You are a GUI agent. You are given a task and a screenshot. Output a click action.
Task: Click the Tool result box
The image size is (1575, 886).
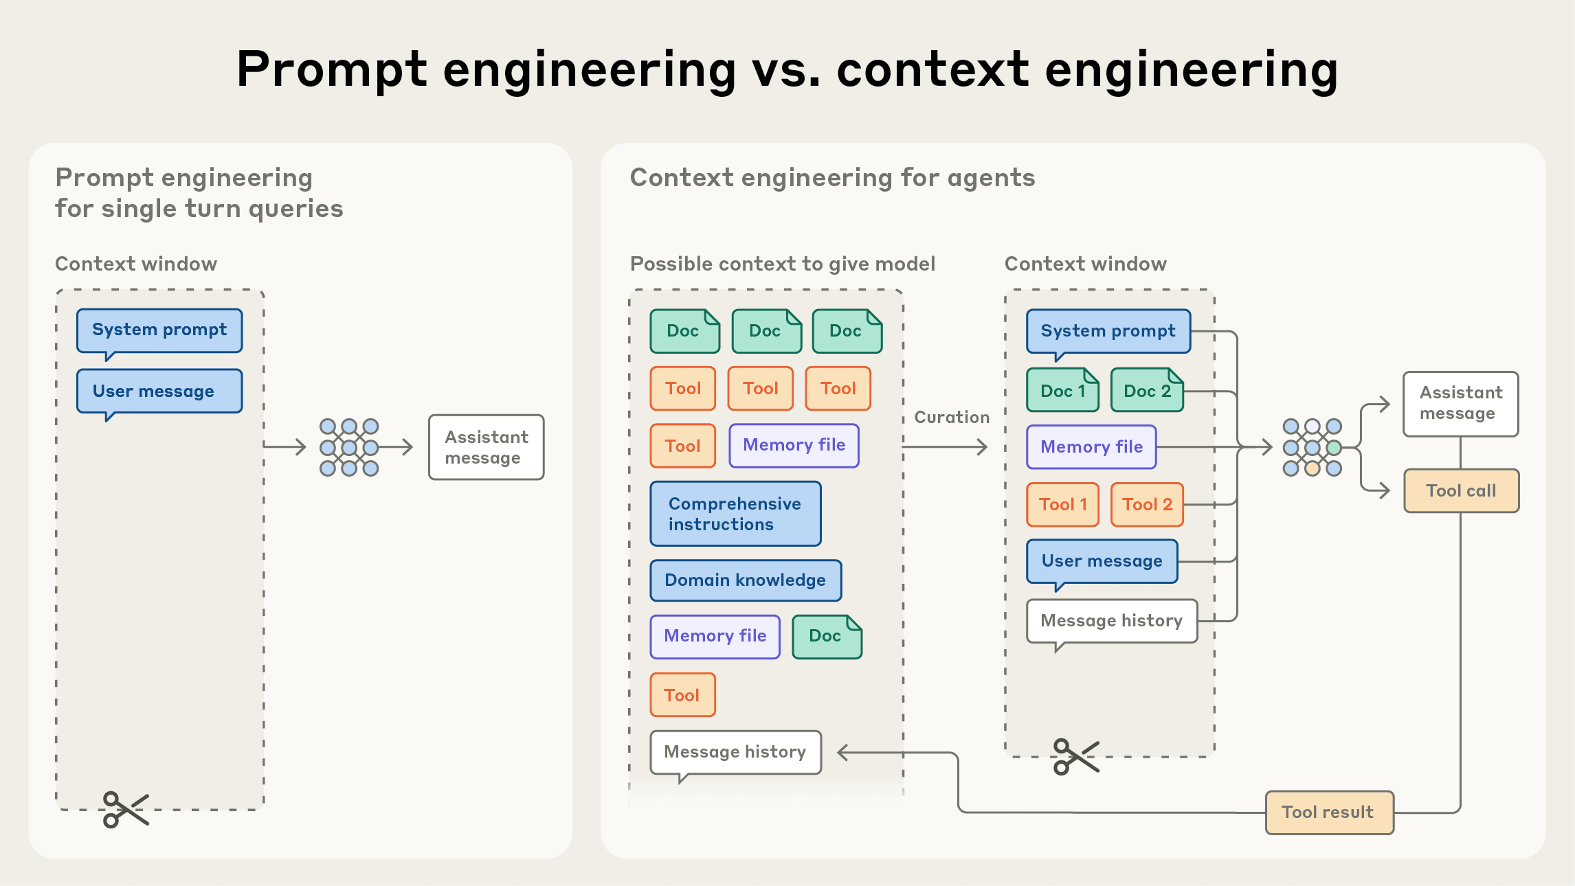pyautogui.click(x=1329, y=813)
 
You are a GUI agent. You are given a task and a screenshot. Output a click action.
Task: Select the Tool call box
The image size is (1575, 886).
pyautogui.click(x=1461, y=491)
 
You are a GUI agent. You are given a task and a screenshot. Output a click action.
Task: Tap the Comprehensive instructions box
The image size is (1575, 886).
pyautogui.click(x=735, y=514)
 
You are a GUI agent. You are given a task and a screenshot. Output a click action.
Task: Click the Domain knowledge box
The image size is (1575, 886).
pyautogui.click(x=746, y=580)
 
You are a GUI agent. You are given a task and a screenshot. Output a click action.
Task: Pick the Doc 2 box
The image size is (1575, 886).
pyautogui.click(x=1147, y=391)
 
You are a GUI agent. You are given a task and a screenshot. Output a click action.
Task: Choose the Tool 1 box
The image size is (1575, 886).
pyautogui.click(x=1062, y=505)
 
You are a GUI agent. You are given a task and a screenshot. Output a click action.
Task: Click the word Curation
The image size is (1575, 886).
pyautogui.click(x=952, y=417)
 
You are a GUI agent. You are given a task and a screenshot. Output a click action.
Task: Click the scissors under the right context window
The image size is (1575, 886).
pyautogui.click(x=1076, y=756)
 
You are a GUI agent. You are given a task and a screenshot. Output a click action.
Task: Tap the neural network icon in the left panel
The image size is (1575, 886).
pyautogui.click(x=349, y=447)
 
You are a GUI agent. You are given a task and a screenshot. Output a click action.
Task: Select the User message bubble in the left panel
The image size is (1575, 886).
pyautogui.click(x=159, y=391)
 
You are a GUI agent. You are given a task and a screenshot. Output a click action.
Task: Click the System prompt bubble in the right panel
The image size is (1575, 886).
pyautogui.click(x=1108, y=331)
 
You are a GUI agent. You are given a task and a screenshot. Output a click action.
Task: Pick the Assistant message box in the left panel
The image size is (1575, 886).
pyautogui.click(x=486, y=447)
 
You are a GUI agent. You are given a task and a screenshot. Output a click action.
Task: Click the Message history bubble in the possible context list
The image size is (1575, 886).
pyautogui.click(x=735, y=752)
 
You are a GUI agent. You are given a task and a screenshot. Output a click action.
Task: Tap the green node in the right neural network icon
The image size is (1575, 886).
pyautogui.click(x=1334, y=448)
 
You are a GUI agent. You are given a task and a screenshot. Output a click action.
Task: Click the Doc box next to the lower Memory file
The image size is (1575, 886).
pyautogui.click(x=827, y=636)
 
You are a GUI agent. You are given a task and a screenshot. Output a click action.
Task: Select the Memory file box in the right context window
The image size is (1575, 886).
pyautogui.click(x=1091, y=447)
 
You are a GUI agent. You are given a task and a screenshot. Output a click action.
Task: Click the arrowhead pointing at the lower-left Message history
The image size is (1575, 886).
pyautogui.click(x=843, y=753)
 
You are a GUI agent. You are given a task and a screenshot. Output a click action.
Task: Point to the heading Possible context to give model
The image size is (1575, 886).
pyautogui.click(x=782, y=264)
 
